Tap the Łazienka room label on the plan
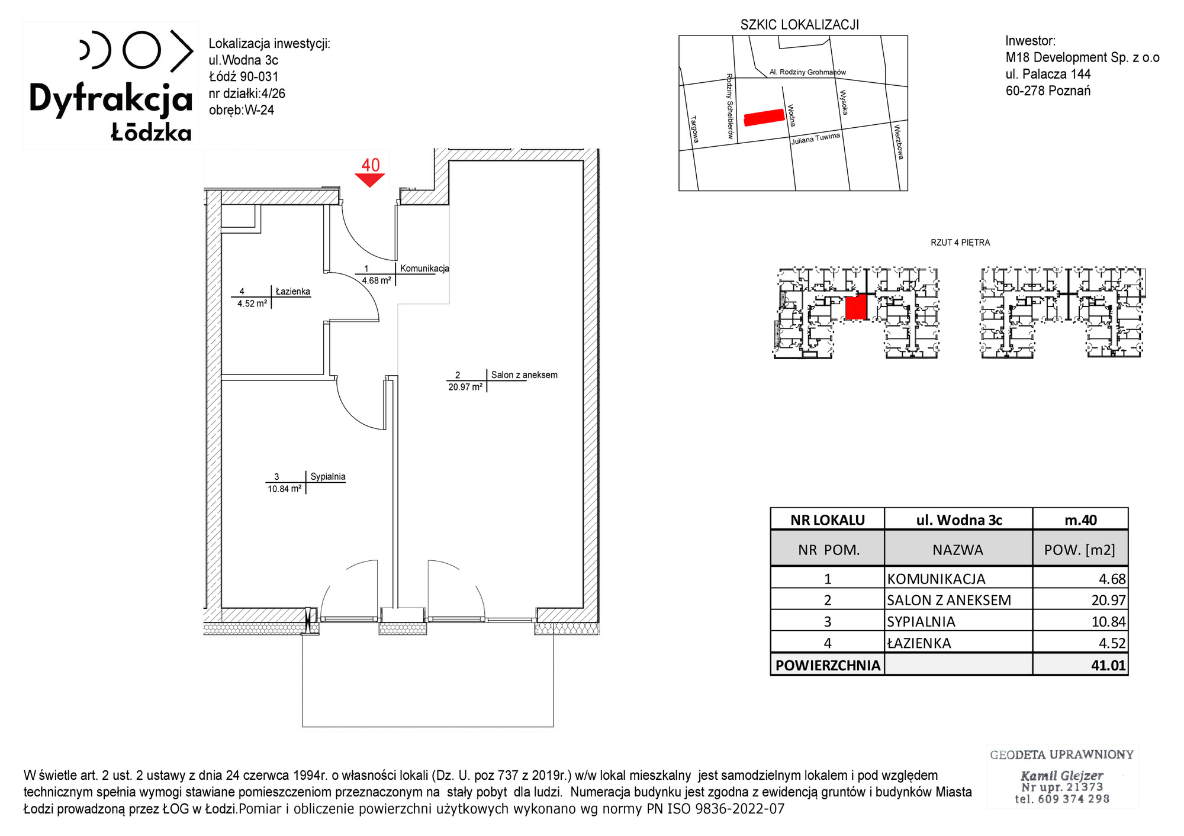[292, 291]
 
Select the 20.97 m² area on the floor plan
[465, 387]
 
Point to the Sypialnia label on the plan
[328, 476]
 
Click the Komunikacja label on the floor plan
[424, 268]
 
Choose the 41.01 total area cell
[1108, 665]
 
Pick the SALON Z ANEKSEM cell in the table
[949, 600]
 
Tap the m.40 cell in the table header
[1080, 520]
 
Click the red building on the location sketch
[764, 117]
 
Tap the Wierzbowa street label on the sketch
[899, 141]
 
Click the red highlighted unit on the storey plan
[856, 308]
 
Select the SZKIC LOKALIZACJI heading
[799, 25]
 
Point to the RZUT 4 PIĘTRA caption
[960, 243]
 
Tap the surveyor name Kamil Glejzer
[1062, 775]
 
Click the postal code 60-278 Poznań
[1048, 91]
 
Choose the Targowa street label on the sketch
[695, 129]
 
